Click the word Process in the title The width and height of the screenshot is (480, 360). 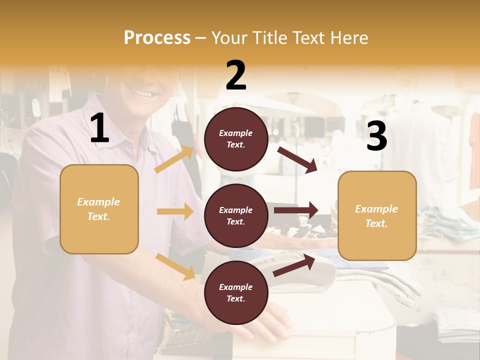click(x=157, y=38)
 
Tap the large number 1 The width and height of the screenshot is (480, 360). click(x=99, y=128)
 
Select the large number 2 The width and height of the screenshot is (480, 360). click(x=236, y=75)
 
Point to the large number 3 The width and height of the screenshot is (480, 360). click(x=376, y=136)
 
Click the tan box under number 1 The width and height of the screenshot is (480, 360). click(x=99, y=209)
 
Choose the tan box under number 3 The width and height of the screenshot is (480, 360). click(x=377, y=215)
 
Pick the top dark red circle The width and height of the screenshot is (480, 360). click(x=236, y=139)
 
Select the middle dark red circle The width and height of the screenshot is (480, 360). click(x=236, y=215)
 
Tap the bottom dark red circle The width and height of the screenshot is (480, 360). click(x=236, y=292)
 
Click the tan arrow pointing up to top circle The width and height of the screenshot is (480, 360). click(x=174, y=159)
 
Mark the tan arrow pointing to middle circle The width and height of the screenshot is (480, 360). click(x=175, y=211)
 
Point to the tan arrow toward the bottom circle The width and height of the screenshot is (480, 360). click(x=175, y=266)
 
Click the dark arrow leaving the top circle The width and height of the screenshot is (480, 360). click(x=297, y=159)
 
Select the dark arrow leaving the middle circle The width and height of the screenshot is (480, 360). click(x=296, y=210)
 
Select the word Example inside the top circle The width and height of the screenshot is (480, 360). click(x=235, y=133)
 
